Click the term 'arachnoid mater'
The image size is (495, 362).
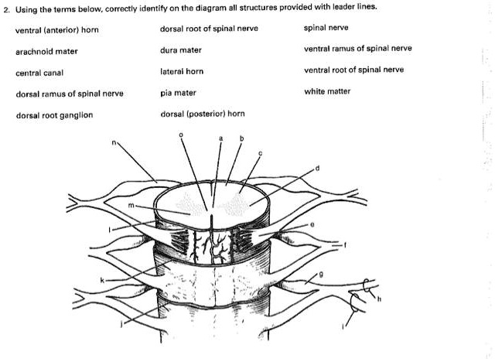(46, 52)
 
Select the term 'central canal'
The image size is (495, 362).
(39, 73)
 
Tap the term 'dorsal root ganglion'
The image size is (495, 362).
(54, 115)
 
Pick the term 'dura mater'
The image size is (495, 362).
(180, 50)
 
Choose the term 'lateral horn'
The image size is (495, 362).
(182, 71)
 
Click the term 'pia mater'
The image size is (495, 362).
(178, 93)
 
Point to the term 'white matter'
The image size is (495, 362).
(327, 91)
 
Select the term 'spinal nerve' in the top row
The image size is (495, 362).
(326, 28)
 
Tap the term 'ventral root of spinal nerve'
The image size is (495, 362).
(353, 70)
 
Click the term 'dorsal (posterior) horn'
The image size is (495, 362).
(203, 114)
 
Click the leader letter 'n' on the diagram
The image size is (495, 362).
(114, 143)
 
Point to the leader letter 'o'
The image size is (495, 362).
(181, 135)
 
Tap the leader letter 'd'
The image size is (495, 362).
(318, 168)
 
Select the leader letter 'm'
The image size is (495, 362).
(131, 206)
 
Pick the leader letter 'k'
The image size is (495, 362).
(102, 280)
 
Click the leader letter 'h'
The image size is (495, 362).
(379, 299)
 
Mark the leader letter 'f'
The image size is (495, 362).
(345, 244)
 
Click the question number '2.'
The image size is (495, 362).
(7, 9)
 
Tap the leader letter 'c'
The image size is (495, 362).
(261, 154)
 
